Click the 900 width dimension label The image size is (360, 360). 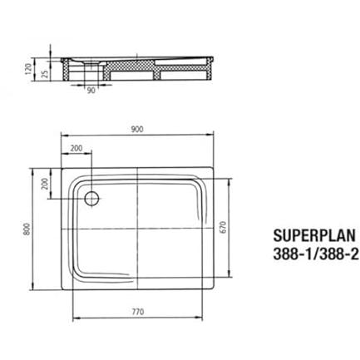coord(137,129)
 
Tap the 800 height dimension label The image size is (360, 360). coord(27,229)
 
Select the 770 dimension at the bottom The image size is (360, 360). coord(138,312)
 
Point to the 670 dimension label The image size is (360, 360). coord(224,227)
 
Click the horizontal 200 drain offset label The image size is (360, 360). coord(76,149)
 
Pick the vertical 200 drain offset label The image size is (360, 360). coord(45,183)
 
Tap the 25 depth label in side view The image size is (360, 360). coord(45,73)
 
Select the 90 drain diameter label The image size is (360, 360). coord(91,91)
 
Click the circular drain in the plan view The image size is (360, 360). coord(91,199)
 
